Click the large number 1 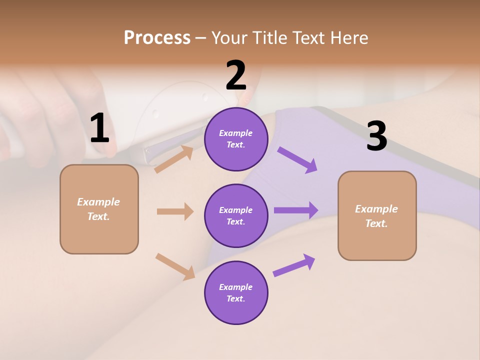[x=99, y=128]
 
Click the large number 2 [x=236, y=75]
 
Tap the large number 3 [x=376, y=136]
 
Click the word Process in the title [x=157, y=37]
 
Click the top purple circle [x=236, y=139]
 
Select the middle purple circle [x=236, y=215]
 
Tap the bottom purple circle [x=236, y=292]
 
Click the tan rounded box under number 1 [x=99, y=209]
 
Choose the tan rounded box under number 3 [x=377, y=215]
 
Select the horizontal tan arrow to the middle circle [x=175, y=211]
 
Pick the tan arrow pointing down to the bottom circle [x=175, y=266]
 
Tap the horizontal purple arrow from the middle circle [x=296, y=210]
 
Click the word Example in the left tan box [x=98, y=202]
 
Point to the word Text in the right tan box [x=375, y=223]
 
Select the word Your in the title [x=230, y=37]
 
